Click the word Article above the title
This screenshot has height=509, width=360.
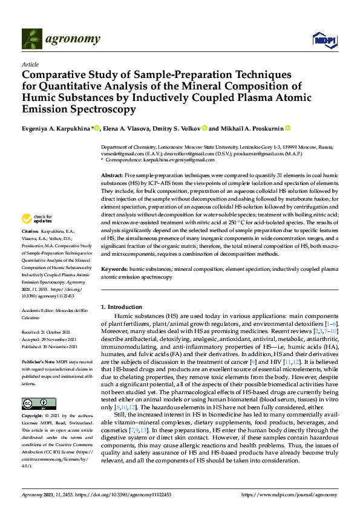[x=30, y=64]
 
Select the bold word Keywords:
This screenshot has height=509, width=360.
[x=114, y=267]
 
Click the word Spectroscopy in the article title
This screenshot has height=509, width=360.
[x=97, y=110]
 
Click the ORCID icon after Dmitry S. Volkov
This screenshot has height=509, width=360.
[x=205, y=128]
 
